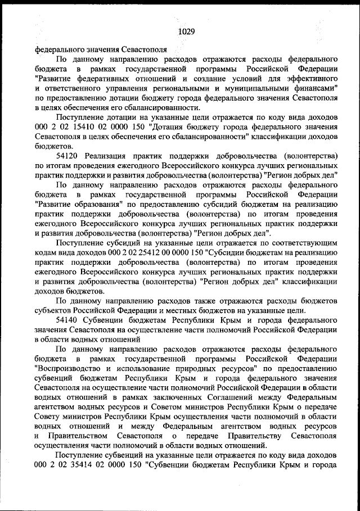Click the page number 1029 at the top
point(186,31)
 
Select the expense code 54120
point(69,155)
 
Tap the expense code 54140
point(69,319)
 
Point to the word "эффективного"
point(309,79)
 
